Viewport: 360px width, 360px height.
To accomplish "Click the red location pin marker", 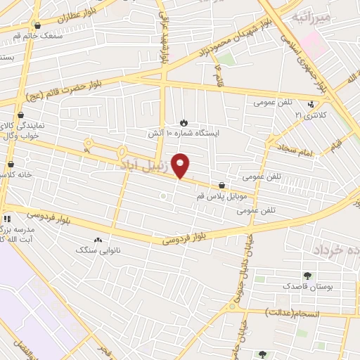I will pyautogui.click(x=181, y=165).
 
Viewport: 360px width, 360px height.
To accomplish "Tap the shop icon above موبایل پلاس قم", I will pyautogui.click(x=222, y=186).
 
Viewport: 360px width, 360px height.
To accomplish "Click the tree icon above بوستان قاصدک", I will pyautogui.click(x=307, y=276).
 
